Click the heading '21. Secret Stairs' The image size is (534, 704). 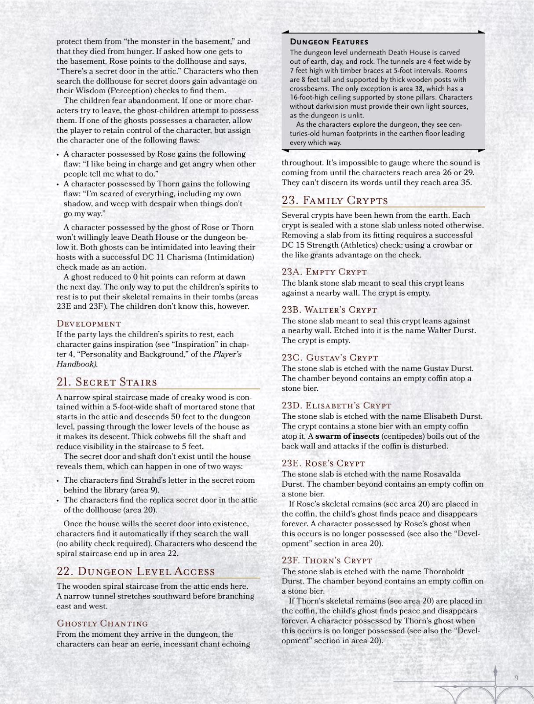[x=107, y=382]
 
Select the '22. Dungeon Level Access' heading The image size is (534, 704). [x=136, y=571]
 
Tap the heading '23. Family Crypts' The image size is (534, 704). [x=335, y=201]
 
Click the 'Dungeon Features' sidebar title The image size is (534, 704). [x=329, y=42]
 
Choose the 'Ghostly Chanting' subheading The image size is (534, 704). [x=102, y=623]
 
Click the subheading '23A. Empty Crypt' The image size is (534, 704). [x=324, y=272]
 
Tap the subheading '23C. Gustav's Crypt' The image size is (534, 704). [x=330, y=358]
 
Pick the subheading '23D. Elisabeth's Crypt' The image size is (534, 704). [x=336, y=406]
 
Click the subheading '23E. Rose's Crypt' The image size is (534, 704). [x=323, y=463]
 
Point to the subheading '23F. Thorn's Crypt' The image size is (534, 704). [x=327, y=561]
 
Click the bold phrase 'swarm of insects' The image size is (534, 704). [x=347, y=436]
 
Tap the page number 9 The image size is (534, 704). [x=516, y=678]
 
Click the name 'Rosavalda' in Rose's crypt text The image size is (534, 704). [x=442, y=474]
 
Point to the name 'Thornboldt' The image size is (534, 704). [x=444, y=571]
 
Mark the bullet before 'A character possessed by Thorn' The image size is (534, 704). [x=58, y=185]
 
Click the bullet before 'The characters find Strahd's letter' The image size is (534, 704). [x=58, y=481]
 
